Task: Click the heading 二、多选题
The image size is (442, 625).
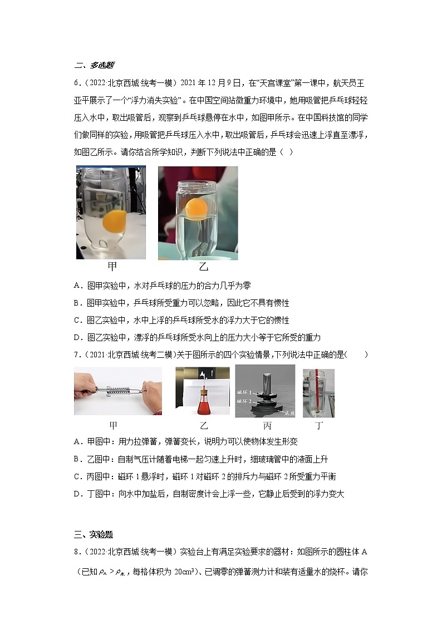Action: (94, 65)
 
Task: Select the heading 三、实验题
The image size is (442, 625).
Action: (93, 535)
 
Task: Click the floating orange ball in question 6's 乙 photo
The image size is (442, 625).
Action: (197, 208)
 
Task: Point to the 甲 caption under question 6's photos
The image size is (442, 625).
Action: (112, 266)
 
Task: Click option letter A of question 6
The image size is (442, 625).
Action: (77, 286)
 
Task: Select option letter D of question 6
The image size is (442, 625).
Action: (77, 337)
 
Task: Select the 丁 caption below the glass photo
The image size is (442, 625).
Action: (318, 426)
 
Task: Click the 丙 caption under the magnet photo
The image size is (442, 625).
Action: (267, 426)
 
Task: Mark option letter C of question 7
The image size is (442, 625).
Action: (77, 476)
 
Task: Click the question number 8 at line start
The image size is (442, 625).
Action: (76, 552)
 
